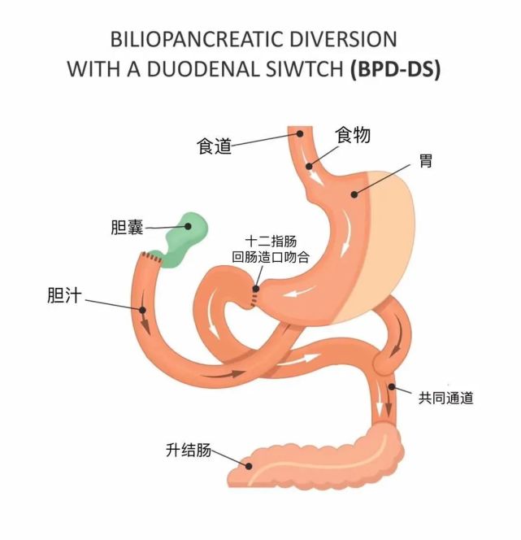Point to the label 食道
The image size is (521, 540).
[215, 146]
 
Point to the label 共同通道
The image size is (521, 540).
[445, 398]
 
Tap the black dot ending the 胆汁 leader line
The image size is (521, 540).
[143, 310]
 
